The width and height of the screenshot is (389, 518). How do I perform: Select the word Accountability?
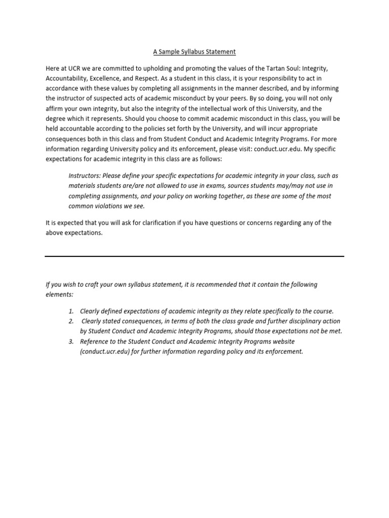pyautogui.click(x=67, y=78)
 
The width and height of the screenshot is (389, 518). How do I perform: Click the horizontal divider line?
pyautogui.click(x=194, y=256)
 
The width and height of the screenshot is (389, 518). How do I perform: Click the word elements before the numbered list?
pyautogui.click(x=59, y=294)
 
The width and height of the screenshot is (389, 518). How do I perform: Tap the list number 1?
pyautogui.click(x=71, y=311)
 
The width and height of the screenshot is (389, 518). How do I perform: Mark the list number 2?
pyautogui.click(x=71, y=321)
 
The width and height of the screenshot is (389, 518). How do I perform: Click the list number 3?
pyautogui.click(x=71, y=341)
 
